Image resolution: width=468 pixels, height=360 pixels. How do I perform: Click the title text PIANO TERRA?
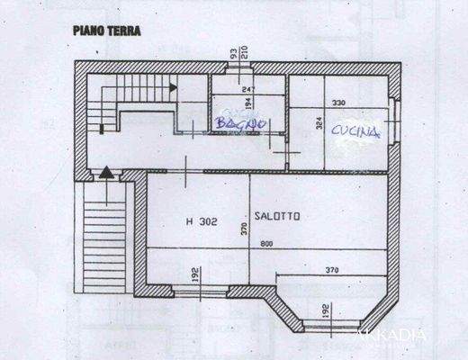pos(106,30)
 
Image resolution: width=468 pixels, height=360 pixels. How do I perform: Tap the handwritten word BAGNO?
pos(237,122)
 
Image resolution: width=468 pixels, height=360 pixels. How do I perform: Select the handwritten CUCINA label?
pos(355,131)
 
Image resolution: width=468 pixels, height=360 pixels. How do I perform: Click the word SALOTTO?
pos(277,216)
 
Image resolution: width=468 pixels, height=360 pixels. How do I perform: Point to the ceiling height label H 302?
pos(201,220)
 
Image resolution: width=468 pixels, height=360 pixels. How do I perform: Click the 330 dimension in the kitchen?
pos(338,103)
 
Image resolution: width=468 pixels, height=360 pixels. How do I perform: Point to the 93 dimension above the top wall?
pos(232,54)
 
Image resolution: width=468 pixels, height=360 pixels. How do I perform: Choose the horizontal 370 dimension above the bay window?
pos(331,268)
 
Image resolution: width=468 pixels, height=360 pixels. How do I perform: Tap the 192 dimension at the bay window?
pos(321,311)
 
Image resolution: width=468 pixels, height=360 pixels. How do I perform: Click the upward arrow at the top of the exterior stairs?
pos(106,171)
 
